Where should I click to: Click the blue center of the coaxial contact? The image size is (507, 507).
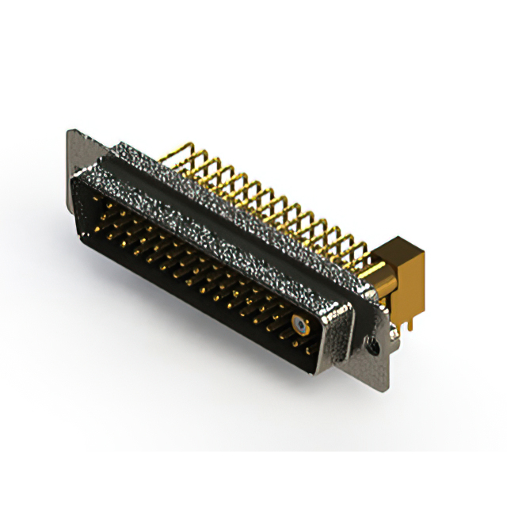[x=299, y=324]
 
